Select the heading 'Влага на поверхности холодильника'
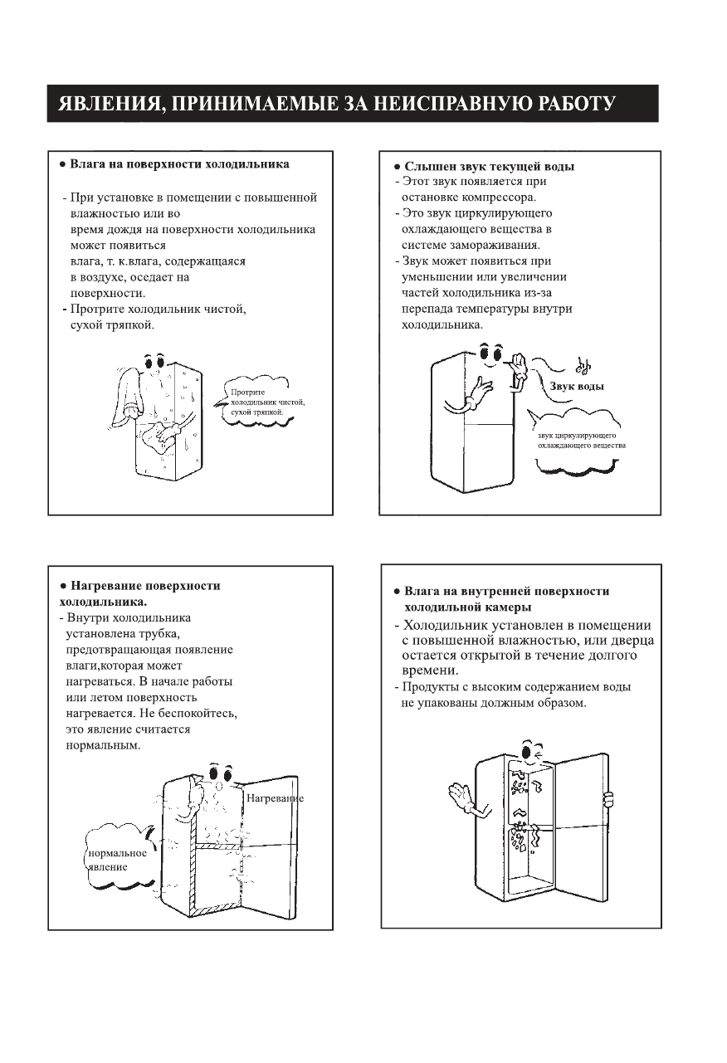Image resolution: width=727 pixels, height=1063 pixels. pyautogui.click(x=179, y=164)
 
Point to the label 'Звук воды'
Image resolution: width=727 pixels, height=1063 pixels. pyautogui.click(x=576, y=386)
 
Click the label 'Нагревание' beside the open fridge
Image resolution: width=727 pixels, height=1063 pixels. pyautogui.click(x=275, y=798)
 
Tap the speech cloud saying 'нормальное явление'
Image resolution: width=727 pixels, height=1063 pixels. pyautogui.click(x=117, y=860)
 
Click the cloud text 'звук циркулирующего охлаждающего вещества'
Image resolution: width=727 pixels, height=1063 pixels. pyautogui.click(x=581, y=441)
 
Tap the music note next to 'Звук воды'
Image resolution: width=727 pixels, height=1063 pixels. pyautogui.click(x=583, y=365)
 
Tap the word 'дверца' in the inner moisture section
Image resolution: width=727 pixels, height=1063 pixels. pyautogui.click(x=629, y=641)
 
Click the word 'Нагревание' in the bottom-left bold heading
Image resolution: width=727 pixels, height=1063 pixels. pyautogui.click(x=110, y=586)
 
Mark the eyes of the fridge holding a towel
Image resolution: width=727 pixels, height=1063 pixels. pyautogui.click(x=155, y=362)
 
